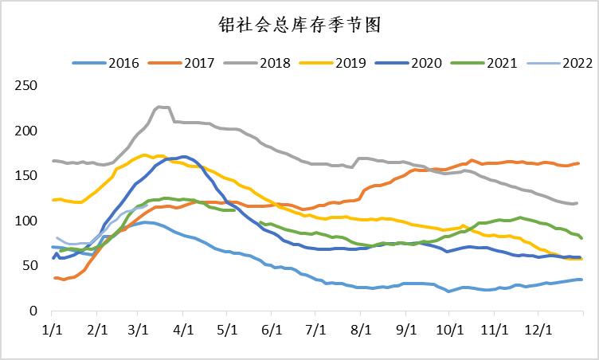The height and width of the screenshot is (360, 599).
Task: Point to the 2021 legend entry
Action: coord(499,62)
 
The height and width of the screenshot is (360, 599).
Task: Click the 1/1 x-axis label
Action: coord(52,327)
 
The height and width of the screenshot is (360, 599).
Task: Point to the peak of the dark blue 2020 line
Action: coord(183,156)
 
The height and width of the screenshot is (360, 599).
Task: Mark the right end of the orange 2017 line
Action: coord(578,163)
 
